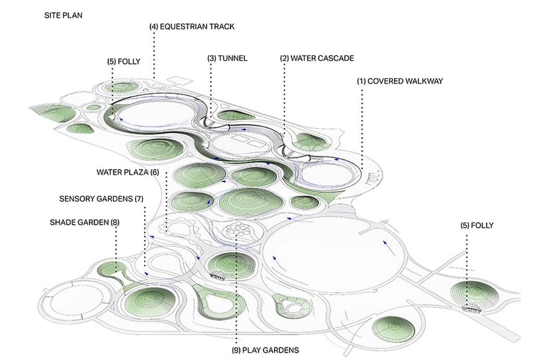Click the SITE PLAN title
(64, 16)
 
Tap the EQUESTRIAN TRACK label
(192, 26)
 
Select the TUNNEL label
(227, 58)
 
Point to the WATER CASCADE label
(317, 58)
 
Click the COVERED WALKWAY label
(400, 81)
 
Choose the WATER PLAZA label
(128, 172)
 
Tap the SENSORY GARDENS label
(101, 199)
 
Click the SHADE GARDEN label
(85, 222)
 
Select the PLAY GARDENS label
(265, 350)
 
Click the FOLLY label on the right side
(477, 226)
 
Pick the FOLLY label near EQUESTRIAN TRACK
(124, 62)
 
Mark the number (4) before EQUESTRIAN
(153, 26)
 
